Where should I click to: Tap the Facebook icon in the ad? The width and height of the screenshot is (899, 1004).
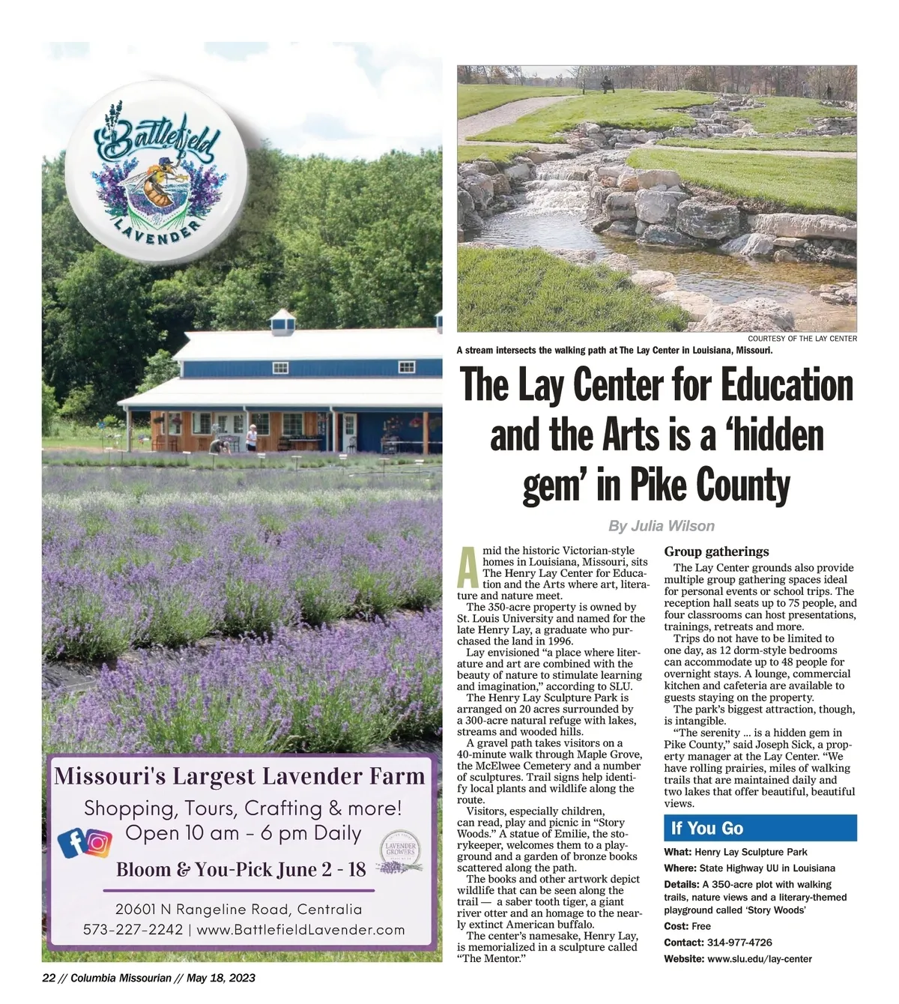click(x=72, y=843)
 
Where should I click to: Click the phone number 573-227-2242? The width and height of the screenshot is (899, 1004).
click(x=133, y=930)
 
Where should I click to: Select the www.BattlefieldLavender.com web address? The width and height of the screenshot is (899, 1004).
click(x=300, y=930)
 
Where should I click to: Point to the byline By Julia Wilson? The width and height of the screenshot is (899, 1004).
click(x=661, y=526)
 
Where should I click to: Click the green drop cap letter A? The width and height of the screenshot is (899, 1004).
click(x=467, y=567)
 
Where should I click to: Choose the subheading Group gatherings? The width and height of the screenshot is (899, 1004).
click(x=716, y=551)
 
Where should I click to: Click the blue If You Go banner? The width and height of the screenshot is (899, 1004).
click(x=760, y=828)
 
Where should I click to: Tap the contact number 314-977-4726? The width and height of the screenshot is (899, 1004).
click(x=739, y=943)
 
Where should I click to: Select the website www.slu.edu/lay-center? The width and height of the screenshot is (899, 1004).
click(x=759, y=959)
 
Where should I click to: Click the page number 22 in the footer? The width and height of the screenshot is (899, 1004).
click(x=49, y=978)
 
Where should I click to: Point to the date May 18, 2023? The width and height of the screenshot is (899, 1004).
click(x=221, y=978)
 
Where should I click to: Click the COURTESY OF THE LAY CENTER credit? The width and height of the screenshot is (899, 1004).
click(x=802, y=339)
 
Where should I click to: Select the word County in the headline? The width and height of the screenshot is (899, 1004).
click(x=743, y=486)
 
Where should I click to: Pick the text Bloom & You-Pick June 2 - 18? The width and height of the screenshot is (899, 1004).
click(x=240, y=870)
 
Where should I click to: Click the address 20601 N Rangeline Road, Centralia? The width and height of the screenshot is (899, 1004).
click(x=238, y=910)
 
